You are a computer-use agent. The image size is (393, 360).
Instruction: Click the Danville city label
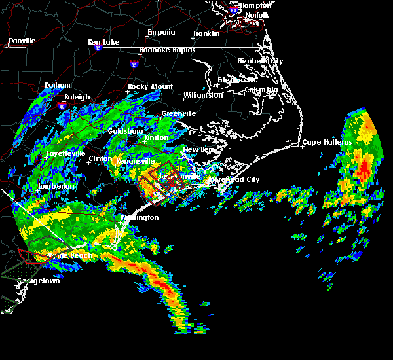pos(22,41)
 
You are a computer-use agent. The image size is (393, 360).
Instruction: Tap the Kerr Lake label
pos(102,42)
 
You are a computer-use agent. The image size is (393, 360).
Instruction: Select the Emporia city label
pos(161,32)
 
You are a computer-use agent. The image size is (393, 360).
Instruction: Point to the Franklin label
pos(206,33)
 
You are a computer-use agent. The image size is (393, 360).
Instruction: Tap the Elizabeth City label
pos(260,61)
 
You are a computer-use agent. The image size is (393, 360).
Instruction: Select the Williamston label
pos(203,95)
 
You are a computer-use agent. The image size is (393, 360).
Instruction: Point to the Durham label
pos(57,86)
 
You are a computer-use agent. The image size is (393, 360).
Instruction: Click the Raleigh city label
pos(77,98)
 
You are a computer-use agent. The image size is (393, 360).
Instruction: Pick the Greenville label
pos(179,113)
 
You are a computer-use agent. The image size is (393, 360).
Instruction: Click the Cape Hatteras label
pos(327,142)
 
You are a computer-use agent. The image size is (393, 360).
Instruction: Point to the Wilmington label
pos(139,217)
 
